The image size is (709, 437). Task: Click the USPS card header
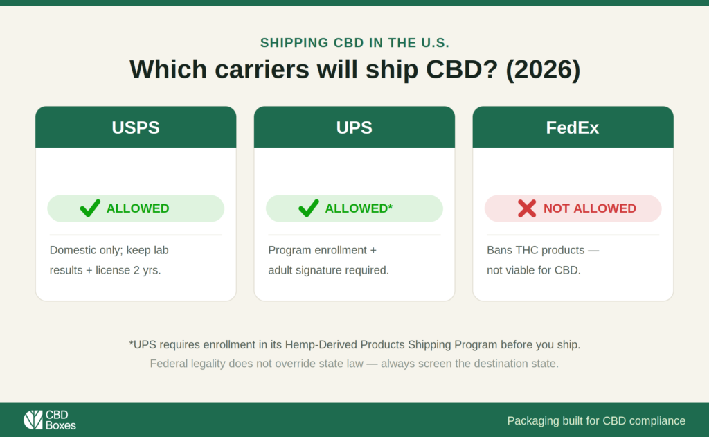pyautogui.click(x=136, y=127)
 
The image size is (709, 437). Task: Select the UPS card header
pyautogui.click(x=354, y=127)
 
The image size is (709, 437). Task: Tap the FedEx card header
pyautogui.click(x=573, y=127)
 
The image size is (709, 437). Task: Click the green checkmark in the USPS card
pyautogui.click(x=90, y=208)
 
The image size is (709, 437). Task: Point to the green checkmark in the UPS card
pyautogui.click(x=309, y=208)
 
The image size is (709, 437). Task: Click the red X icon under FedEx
pyautogui.click(x=527, y=208)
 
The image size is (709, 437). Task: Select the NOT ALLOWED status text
pyautogui.click(x=590, y=208)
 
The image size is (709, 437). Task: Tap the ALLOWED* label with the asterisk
pyautogui.click(x=359, y=208)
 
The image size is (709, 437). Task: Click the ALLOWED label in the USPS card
pyautogui.click(x=138, y=208)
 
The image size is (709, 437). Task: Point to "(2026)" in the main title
pyautogui.click(x=543, y=69)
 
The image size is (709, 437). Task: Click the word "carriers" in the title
pyautogui.click(x=262, y=69)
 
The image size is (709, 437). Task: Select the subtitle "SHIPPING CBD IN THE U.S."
pyautogui.click(x=354, y=42)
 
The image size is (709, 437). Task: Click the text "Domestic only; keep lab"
pyautogui.click(x=109, y=250)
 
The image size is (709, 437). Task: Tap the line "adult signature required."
pyautogui.click(x=328, y=270)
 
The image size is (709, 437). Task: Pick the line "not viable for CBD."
pyautogui.click(x=534, y=270)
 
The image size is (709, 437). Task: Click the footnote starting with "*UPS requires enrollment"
pyautogui.click(x=354, y=345)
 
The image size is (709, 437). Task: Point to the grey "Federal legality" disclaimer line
pyautogui.click(x=354, y=364)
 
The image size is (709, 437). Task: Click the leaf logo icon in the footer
pyautogui.click(x=33, y=420)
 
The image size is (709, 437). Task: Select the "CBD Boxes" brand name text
pyautogui.click(x=61, y=420)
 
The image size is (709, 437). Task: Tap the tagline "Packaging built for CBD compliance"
pyautogui.click(x=596, y=420)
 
